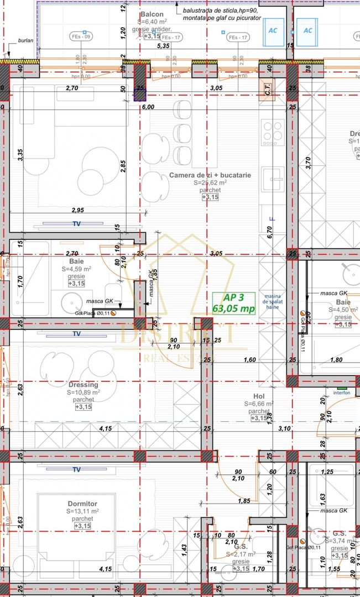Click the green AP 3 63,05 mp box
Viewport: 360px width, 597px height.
[x=234, y=303]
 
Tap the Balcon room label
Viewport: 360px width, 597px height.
[x=151, y=14]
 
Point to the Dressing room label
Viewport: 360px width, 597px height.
[x=84, y=385]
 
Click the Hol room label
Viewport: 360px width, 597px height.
[x=259, y=396]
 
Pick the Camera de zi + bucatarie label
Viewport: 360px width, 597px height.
[x=210, y=175]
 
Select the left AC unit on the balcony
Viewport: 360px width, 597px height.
[x=273, y=30]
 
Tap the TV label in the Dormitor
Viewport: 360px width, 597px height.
[x=77, y=469]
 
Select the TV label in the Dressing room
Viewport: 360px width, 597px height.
[x=77, y=334]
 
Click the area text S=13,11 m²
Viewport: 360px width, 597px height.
[x=84, y=511]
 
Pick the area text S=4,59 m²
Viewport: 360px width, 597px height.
[x=76, y=269]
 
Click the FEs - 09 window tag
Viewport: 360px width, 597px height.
[x=81, y=37]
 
